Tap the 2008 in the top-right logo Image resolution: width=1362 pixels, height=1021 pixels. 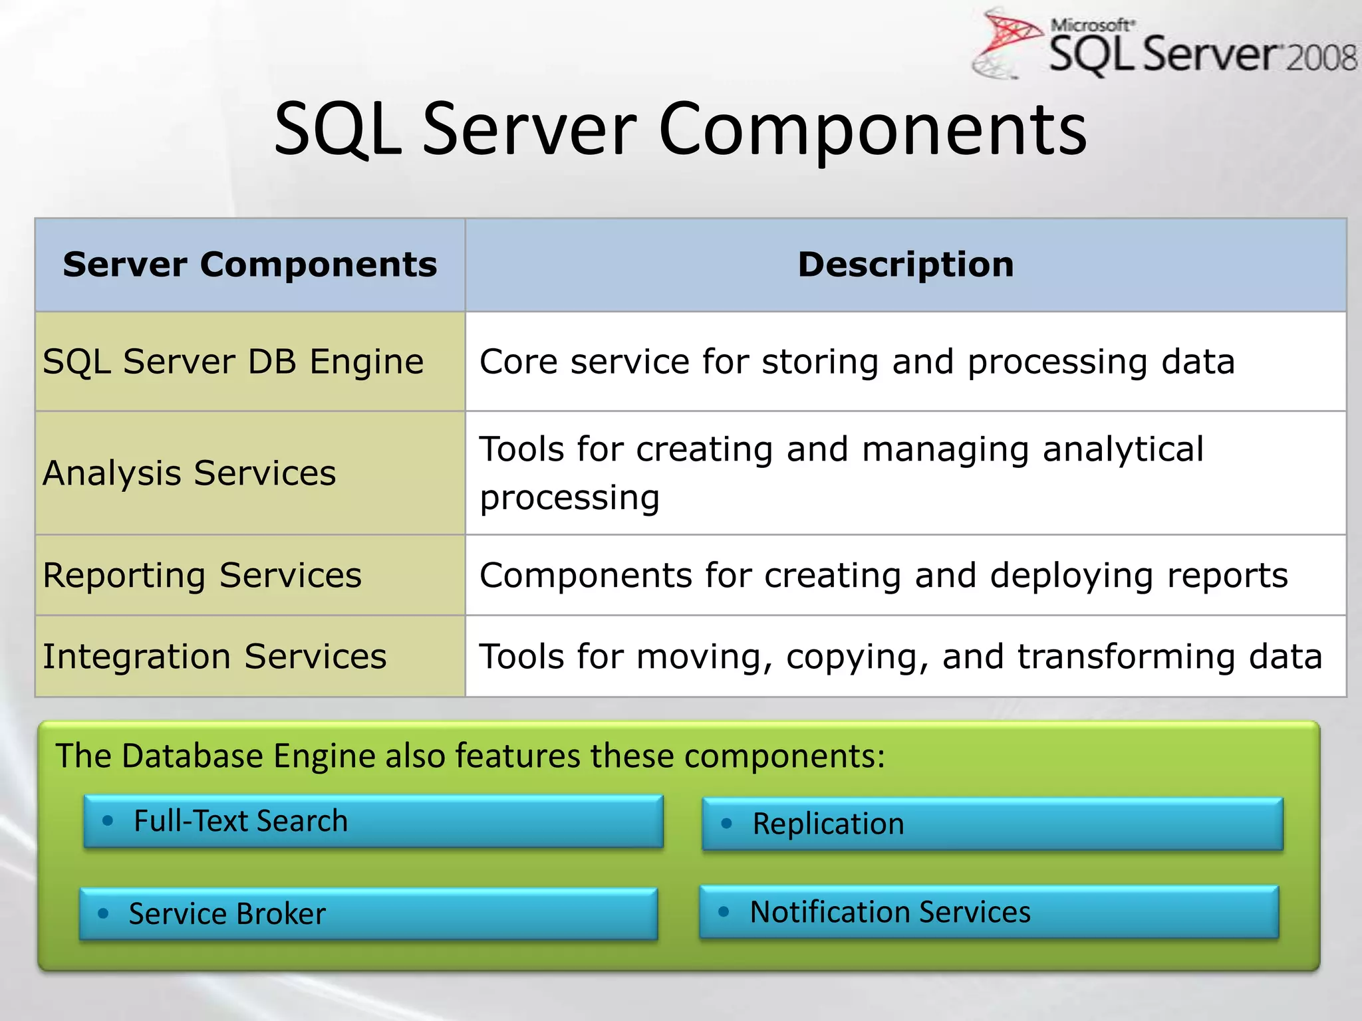click(x=1320, y=58)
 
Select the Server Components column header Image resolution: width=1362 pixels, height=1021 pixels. click(x=250, y=265)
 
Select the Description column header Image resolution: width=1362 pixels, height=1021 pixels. click(x=906, y=265)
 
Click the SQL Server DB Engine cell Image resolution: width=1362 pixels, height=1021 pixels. click(x=233, y=362)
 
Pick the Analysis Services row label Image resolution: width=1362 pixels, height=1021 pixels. click(x=190, y=473)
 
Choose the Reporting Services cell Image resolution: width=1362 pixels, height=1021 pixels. click(x=202, y=576)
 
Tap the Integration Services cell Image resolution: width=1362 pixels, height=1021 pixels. click(x=214, y=657)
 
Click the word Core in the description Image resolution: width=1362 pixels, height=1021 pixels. click(x=518, y=362)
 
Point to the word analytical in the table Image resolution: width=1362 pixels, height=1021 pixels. click(x=1123, y=449)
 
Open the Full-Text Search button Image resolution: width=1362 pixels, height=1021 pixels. click(x=373, y=822)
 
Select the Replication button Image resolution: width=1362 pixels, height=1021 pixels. click(x=992, y=824)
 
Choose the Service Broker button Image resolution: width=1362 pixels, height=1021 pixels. click(x=368, y=914)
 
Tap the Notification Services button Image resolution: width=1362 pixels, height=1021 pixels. click(x=989, y=912)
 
